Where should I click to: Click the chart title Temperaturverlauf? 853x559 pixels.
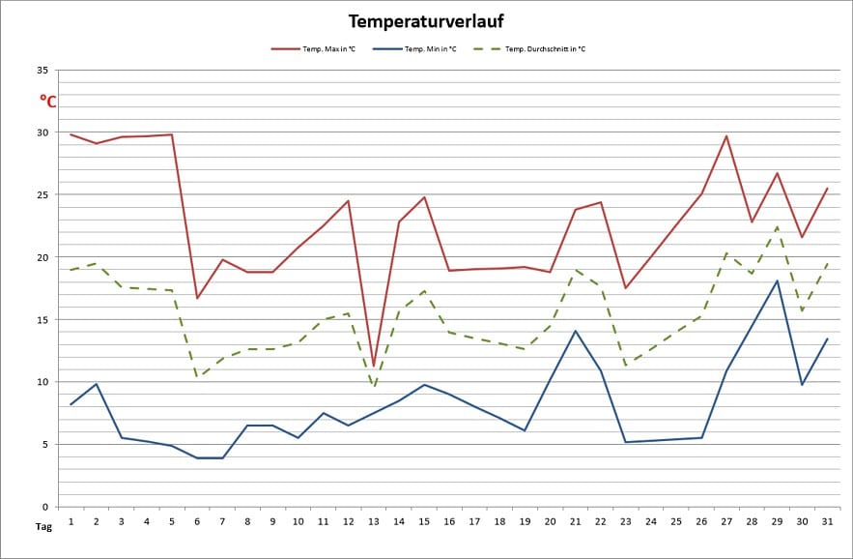(x=426, y=20)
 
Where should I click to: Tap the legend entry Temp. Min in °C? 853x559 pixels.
(x=429, y=48)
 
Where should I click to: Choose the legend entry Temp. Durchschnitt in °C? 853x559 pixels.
(x=545, y=48)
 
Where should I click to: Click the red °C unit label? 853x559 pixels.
(x=47, y=100)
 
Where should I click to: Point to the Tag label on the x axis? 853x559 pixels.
(x=43, y=527)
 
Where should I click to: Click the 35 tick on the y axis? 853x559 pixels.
(x=42, y=71)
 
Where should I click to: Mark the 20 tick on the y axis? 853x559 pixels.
(x=42, y=257)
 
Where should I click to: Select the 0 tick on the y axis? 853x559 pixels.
(x=44, y=507)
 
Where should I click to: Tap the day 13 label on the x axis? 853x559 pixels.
(x=374, y=521)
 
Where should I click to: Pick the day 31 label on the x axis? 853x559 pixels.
(x=827, y=521)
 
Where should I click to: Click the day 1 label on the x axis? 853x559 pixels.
(x=71, y=521)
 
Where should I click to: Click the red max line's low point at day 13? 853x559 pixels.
(x=374, y=367)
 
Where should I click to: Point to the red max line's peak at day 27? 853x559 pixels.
(x=726, y=135)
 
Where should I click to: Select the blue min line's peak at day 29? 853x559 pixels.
(x=777, y=280)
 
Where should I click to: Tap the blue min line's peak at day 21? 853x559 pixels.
(x=575, y=331)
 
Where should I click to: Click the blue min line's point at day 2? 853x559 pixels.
(x=97, y=384)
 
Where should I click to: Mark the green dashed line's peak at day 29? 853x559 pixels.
(x=777, y=227)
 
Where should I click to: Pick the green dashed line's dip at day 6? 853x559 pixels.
(x=197, y=377)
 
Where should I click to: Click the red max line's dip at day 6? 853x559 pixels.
(x=197, y=298)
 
